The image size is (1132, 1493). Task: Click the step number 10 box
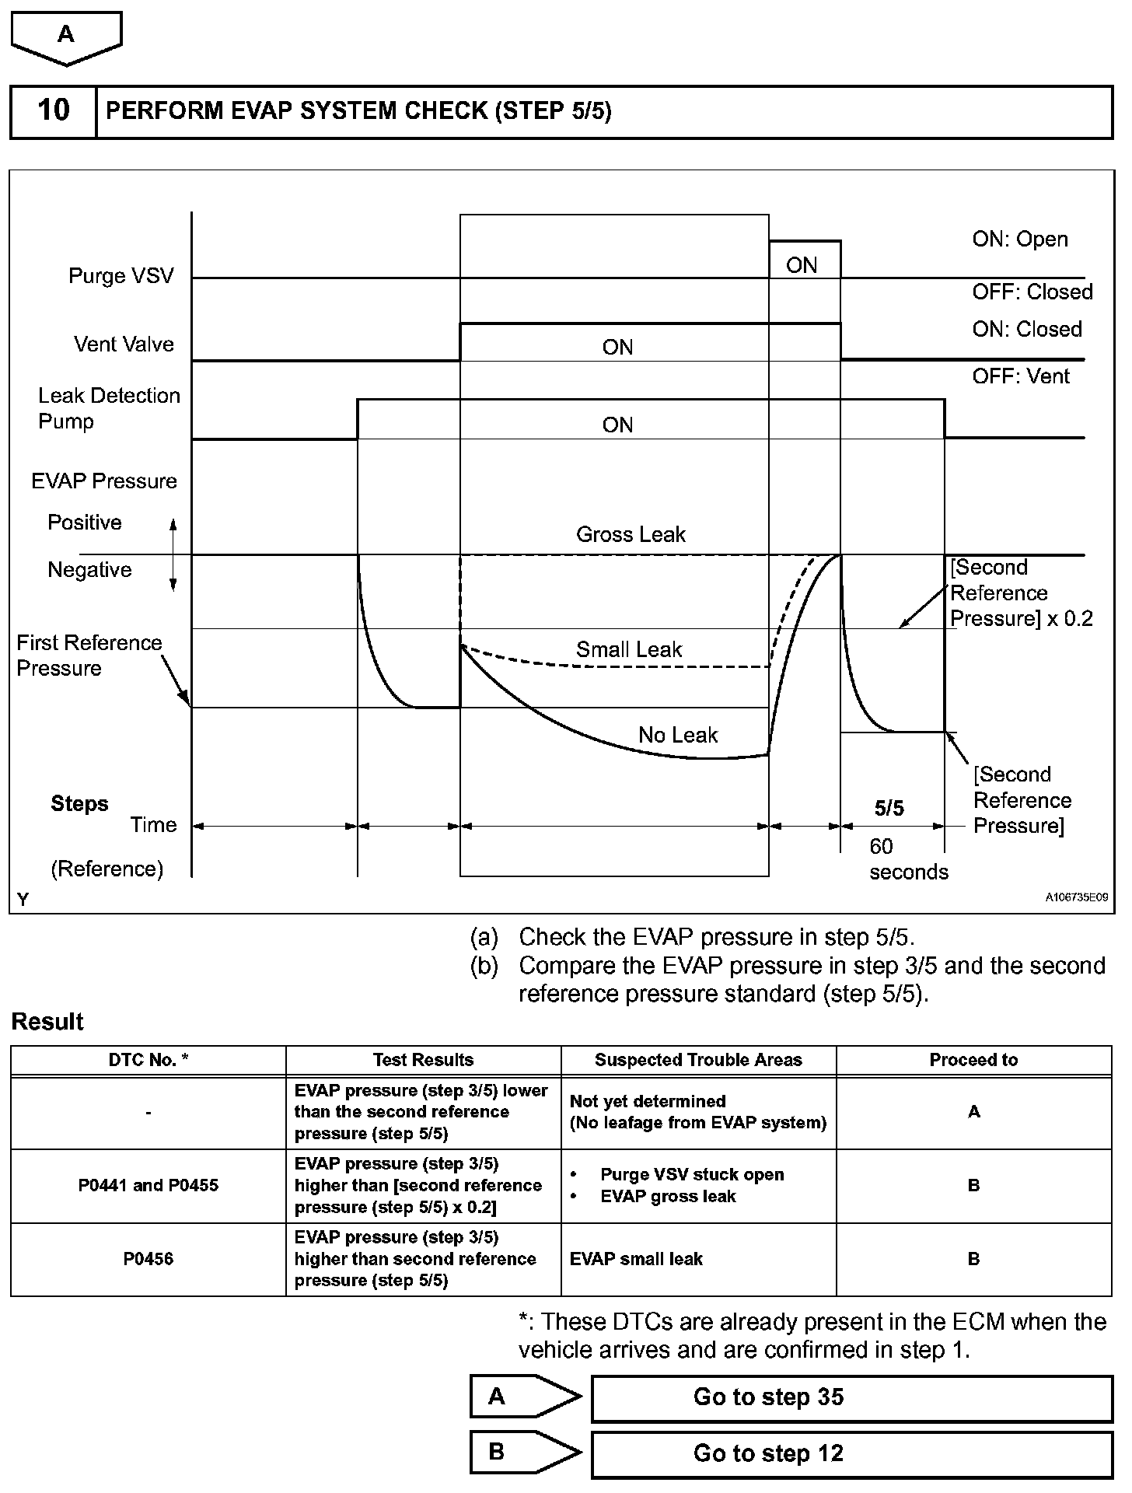(x=53, y=110)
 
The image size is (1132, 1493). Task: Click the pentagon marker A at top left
(x=66, y=36)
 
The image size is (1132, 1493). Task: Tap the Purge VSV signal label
(x=121, y=276)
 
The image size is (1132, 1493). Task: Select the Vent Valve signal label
(x=124, y=344)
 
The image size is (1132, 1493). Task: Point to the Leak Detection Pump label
(x=108, y=408)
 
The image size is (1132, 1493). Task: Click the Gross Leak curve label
(x=631, y=534)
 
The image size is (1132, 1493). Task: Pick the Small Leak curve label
(x=628, y=649)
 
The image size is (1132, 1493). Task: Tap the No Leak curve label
(x=677, y=735)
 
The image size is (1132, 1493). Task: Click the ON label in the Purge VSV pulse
(x=802, y=265)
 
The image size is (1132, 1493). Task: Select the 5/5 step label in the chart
(x=889, y=809)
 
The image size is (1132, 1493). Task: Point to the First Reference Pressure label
(x=89, y=656)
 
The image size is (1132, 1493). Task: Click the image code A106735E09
(x=1076, y=897)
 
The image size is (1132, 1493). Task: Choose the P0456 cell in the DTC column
(x=148, y=1259)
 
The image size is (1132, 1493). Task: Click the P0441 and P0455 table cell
(x=148, y=1185)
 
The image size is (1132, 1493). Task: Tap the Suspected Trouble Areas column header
(x=698, y=1060)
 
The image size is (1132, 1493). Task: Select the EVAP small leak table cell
(x=636, y=1259)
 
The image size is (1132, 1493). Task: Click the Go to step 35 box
(x=851, y=1397)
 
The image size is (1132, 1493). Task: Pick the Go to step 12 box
(x=851, y=1453)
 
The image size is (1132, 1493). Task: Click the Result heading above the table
(x=47, y=1022)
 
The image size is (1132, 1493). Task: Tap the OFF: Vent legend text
(x=1020, y=376)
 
